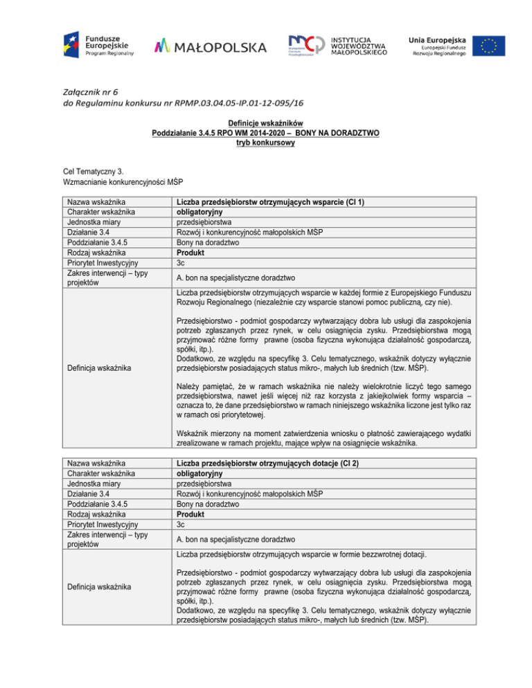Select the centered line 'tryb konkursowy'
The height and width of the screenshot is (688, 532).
point(265,143)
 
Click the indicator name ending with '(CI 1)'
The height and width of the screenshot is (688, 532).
point(271,202)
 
